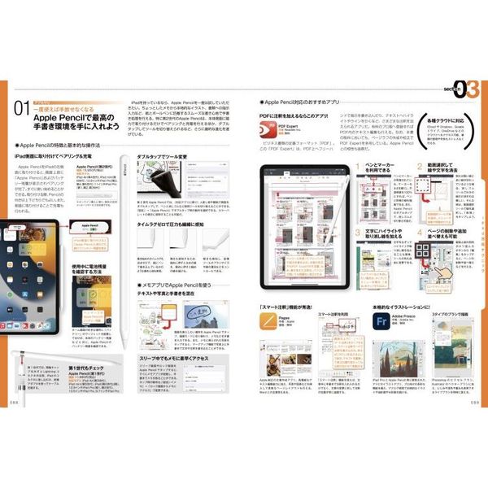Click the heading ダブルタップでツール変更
tap(162, 156)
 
